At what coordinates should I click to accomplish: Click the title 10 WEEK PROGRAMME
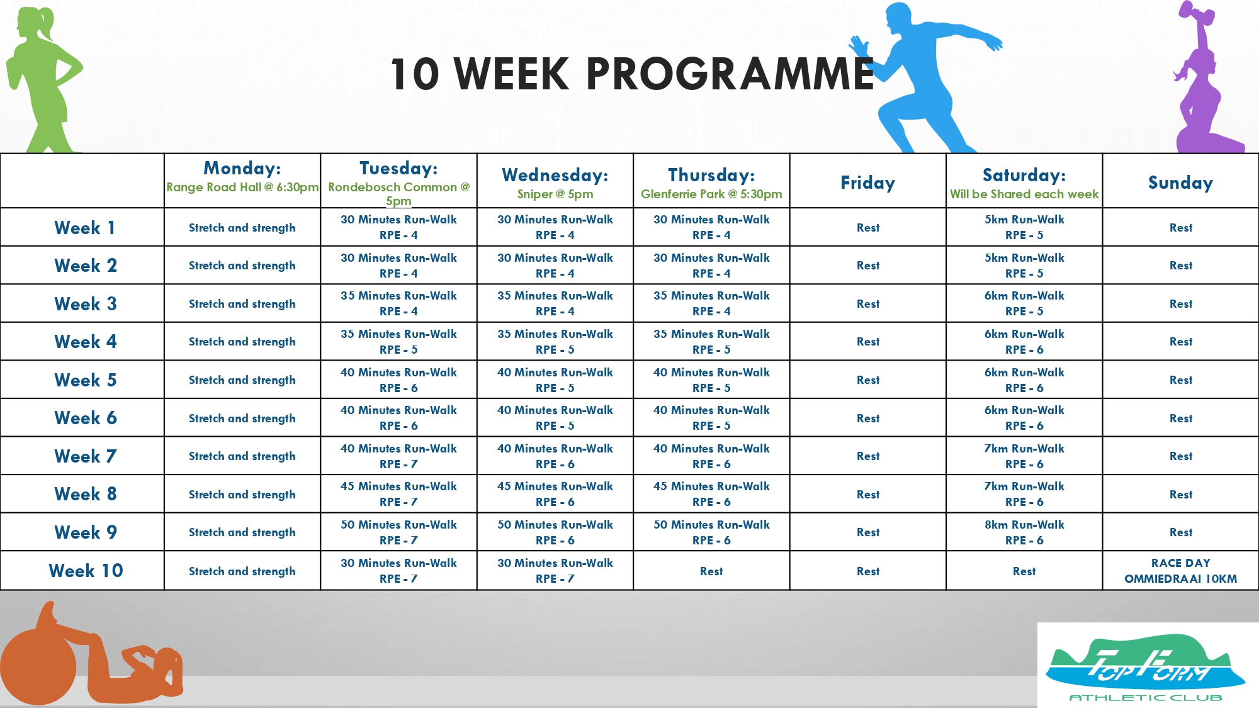632,74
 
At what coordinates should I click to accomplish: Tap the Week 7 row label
86,456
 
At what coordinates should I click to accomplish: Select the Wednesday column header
555,181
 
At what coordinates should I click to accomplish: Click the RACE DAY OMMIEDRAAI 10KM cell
1180,571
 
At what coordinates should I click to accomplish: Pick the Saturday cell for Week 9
1024,532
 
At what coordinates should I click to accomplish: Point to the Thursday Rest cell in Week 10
711,571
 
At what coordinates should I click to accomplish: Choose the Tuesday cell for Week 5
399,379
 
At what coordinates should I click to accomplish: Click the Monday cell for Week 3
242,303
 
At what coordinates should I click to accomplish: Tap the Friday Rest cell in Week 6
868,418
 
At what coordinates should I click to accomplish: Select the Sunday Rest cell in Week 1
1180,227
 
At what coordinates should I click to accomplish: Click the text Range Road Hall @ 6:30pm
242,187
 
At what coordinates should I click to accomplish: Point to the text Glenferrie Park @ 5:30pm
711,194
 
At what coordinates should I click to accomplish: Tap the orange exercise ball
38,667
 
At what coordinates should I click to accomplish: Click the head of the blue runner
899,19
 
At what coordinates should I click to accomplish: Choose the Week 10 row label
86,571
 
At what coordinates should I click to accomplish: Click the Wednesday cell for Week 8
555,494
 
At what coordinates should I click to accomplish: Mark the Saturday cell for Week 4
1024,342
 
